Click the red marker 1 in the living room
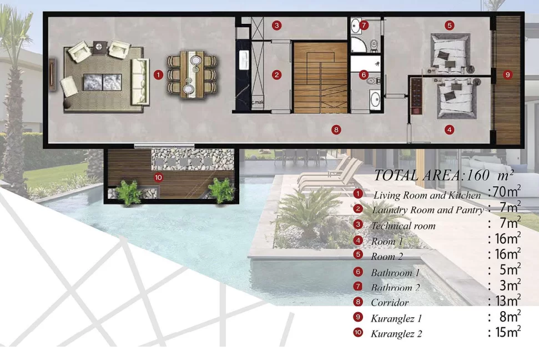pyautogui.click(x=158, y=74)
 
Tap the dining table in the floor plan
pyautogui.click(x=192, y=74)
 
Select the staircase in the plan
pyautogui.click(x=320, y=77)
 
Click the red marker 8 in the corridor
pyautogui.click(x=336, y=130)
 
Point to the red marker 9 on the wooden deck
pyautogui.click(x=507, y=74)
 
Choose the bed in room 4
pyautogui.click(x=456, y=98)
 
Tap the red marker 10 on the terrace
pyautogui.click(x=158, y=178)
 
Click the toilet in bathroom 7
pyautogui.click(x=374, y=46)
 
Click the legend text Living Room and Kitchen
pyautogui.click(x=427, y=195)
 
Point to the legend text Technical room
pyautogui.click(x=403, y=226)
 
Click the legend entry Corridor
pyautogui.click(x=390, y=303)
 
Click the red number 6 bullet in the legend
pyautogui.click(x=358, y=272)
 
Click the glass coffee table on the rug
pyautogui.click(x=103, y=83)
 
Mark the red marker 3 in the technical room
pyautogui.click(x=277, y=25)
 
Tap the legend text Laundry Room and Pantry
pyautogui.click(x=427, y=210)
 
